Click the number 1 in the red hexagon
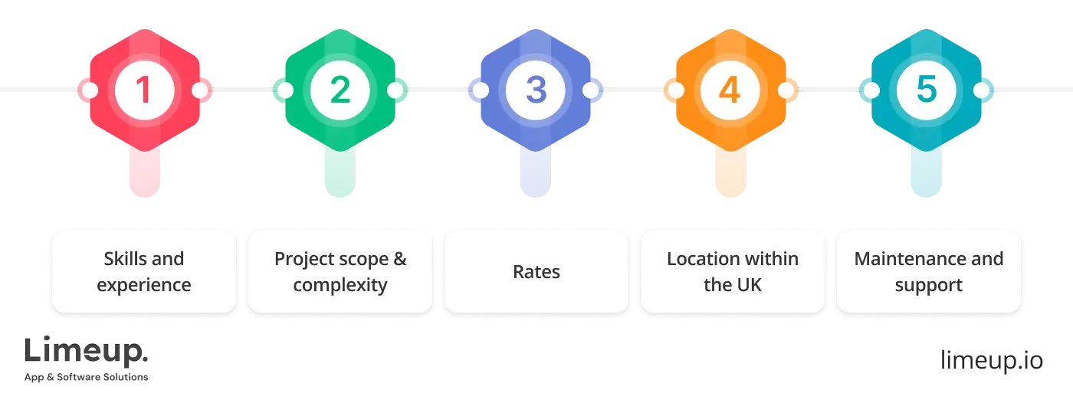click(x=144, y=90)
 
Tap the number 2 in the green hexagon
click(x=340, y=90)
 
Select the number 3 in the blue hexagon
click(x=536, y=90)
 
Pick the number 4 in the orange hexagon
click(x=730, y=90)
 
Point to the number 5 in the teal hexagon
click(x=927, y=90)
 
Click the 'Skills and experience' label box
click(x=144, y=271)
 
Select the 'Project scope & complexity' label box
click(x=340, y=271)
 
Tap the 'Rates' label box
click(x=536, y=271)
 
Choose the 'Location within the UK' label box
click(x=732, y=271)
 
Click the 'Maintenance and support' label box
click(x=928, y=271)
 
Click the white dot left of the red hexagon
click(x=90, y=90)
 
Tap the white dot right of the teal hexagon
click(x=982, y=90)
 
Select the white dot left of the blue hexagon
click(x=481, y=90)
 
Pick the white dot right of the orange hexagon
click(x=786, y=90)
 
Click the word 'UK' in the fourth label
click(x=749, y=285)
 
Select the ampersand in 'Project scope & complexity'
click(x=399, y=259)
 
